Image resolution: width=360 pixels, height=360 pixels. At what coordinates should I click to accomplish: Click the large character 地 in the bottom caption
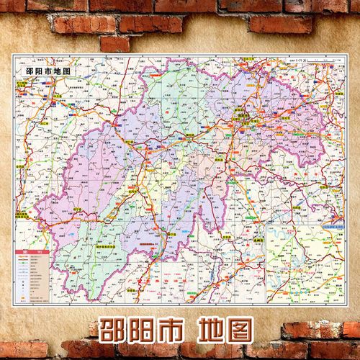[226, 330]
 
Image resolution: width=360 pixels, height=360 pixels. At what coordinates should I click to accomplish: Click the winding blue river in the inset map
[288, 266]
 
